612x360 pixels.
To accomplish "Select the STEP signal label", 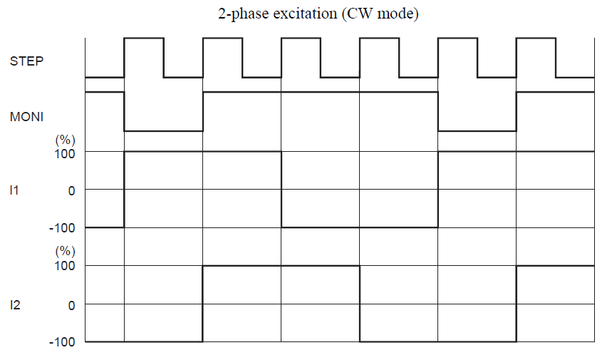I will pos(26,61).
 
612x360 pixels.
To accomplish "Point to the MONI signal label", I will pos(26,116).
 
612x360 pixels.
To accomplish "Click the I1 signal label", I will pos(15,190).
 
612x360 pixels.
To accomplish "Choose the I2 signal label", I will pos(15,304).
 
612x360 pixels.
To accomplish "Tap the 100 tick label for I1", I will pos(65,152).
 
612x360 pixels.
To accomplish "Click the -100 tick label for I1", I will pos(62,228).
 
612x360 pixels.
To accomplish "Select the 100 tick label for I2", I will pos(65,266).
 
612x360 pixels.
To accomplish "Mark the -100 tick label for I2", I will pos(62,342).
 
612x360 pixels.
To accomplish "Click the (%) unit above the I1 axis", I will pos(65,140).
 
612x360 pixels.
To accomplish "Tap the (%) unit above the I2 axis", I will pos(65,252).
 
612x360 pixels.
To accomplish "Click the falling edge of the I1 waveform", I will pos(281,190).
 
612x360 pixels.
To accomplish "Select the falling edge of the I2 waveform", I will pos(360,304).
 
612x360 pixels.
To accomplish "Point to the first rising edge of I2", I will pos(203,304).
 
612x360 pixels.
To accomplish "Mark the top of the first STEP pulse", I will pos(144,38).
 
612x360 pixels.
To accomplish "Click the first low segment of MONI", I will pos(164,130).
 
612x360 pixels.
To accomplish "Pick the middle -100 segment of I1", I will pos(360,227).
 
